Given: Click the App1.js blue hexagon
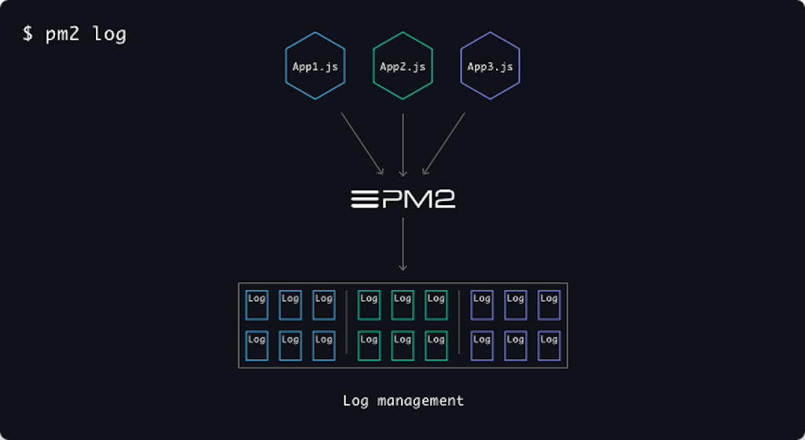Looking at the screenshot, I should (315, 67).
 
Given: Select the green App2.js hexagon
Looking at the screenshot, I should (402, 67).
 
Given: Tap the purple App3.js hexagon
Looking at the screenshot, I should (490, 67).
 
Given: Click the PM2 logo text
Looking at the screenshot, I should (402, 199).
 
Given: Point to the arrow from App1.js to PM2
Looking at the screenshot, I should (362, 144).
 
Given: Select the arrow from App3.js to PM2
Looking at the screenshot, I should (444, 144).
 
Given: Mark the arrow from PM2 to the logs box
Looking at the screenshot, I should (402, 244).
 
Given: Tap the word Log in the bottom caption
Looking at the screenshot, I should (356, 401).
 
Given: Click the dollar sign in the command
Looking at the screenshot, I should (28, 35).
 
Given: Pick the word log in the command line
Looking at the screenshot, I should (109, 35).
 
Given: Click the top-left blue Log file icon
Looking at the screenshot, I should (256, 305).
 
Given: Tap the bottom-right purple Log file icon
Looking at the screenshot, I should (549, 346).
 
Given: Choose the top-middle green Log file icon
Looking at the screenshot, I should (402, 305).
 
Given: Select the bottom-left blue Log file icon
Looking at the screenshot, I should (256, 346).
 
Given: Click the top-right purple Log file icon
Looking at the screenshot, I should (549, 305).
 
